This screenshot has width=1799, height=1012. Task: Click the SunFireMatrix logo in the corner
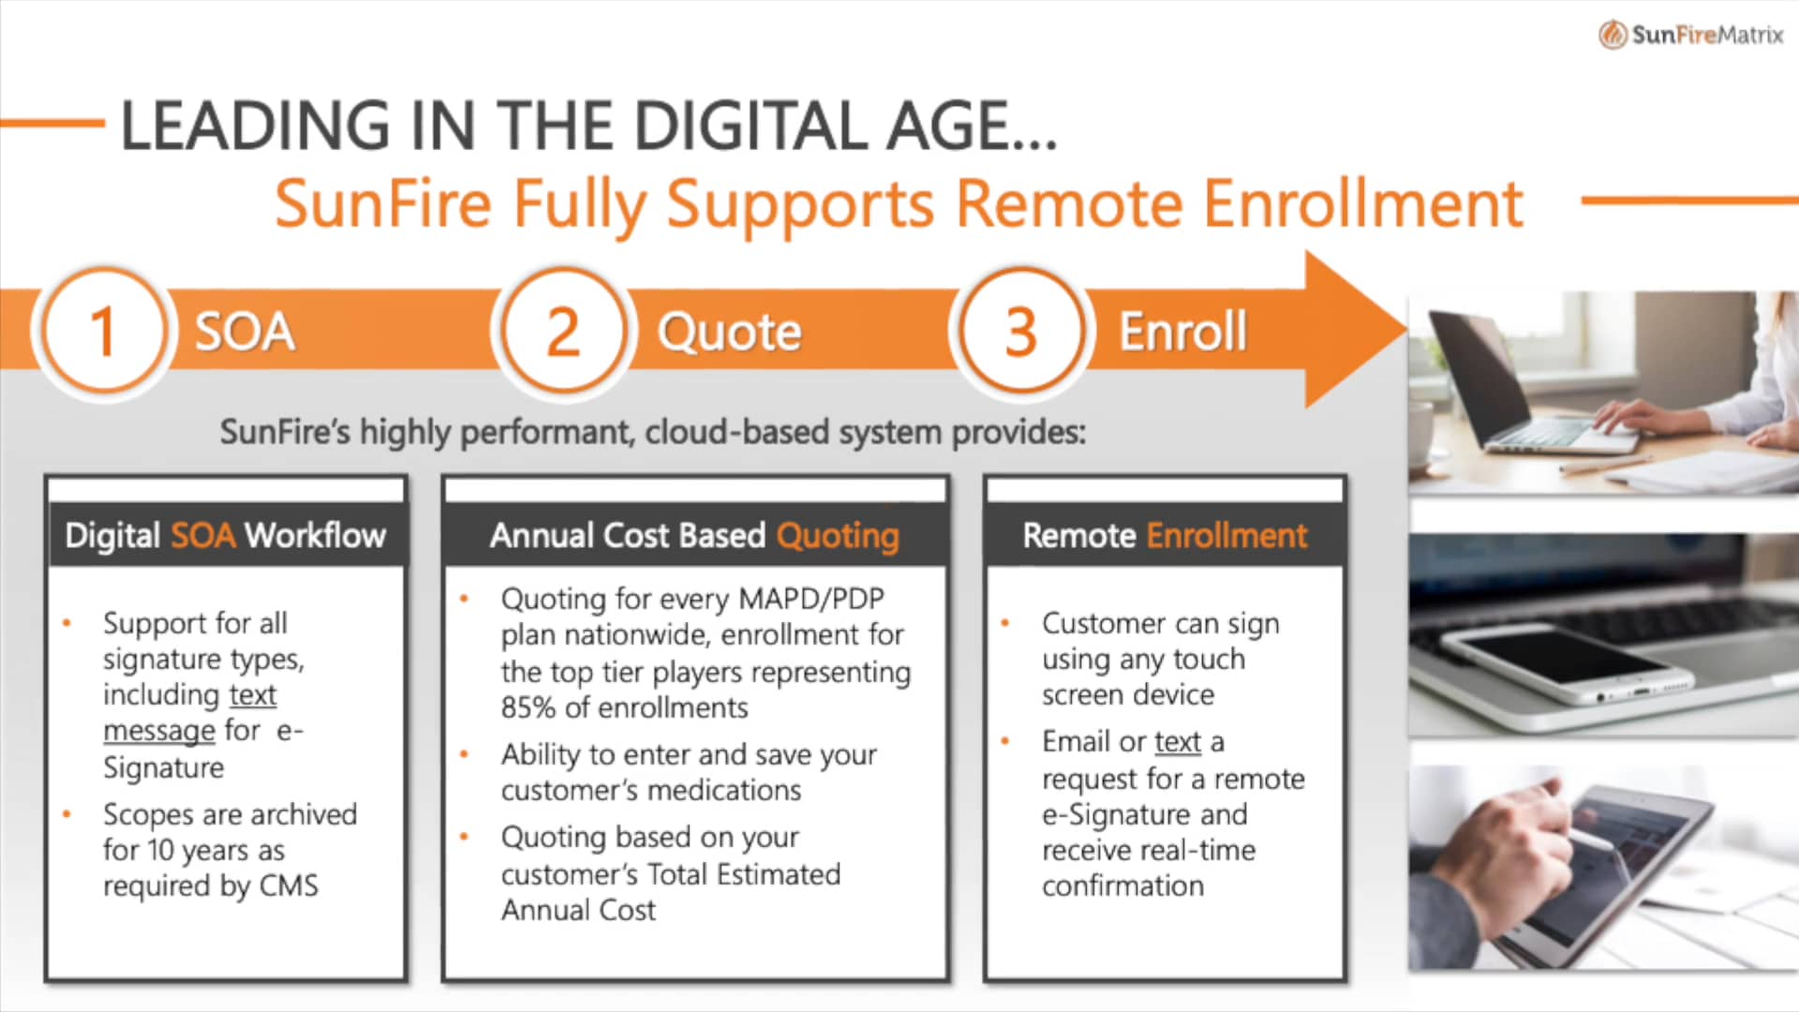tap(1691, 35)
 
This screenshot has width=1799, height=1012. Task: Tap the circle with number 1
tap(103, 331)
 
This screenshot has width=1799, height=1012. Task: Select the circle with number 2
tap(562, 331)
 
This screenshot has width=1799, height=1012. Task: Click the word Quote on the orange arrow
tap(729, 332)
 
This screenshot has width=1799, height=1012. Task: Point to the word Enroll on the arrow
tap(1182, 331)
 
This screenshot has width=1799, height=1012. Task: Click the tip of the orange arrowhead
tap(1406, 329)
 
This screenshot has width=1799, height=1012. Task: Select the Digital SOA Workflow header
tap(226, 535)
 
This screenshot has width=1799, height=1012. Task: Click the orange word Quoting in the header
tap(838, 536)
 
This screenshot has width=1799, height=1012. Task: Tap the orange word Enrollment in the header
tap(1227, 535)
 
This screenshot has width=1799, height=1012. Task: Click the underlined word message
tap(159, 730)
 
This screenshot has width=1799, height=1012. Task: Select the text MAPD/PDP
tap(811, 599)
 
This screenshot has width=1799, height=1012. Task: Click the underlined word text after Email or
tap(1178, 741)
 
